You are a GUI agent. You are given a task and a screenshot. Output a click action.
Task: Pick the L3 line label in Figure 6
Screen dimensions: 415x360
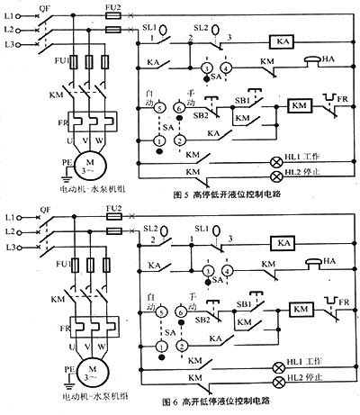coord(9,247)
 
